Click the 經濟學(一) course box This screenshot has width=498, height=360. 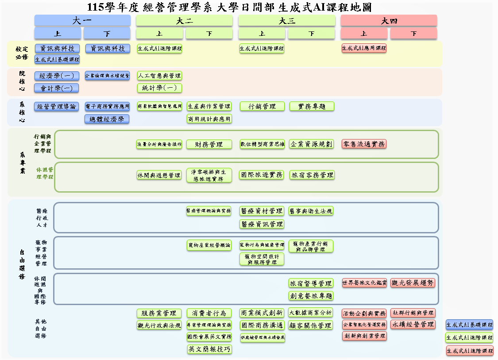(x=57, y=76)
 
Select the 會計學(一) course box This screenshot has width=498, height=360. (x=57, y=88)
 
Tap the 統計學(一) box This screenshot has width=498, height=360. (x=159, y=88)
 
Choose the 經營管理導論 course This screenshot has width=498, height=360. (x=57, y=106)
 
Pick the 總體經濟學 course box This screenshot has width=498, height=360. (x=107, y=119)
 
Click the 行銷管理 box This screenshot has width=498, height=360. (x=262, y=106)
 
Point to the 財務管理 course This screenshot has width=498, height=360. (x=209, y=144)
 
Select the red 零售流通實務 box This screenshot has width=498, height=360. (x=364, y=143)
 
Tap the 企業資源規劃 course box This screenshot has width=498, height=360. (x=311, y=144)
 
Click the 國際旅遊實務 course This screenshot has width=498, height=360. (x=262, y=174)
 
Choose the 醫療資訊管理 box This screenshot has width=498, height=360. (x=262, y=224)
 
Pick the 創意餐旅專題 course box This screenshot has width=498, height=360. (x=311, y=295)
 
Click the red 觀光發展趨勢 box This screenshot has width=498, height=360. (x=413, y=283)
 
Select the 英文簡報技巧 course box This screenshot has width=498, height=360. (x=209, y=349)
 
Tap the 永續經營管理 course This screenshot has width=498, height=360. (x=413, y=325)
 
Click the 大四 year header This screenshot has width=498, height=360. (x=389, y=20)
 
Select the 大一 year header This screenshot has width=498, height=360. (x=82, y=20)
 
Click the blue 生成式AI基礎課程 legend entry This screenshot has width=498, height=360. (x=469, y=325)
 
